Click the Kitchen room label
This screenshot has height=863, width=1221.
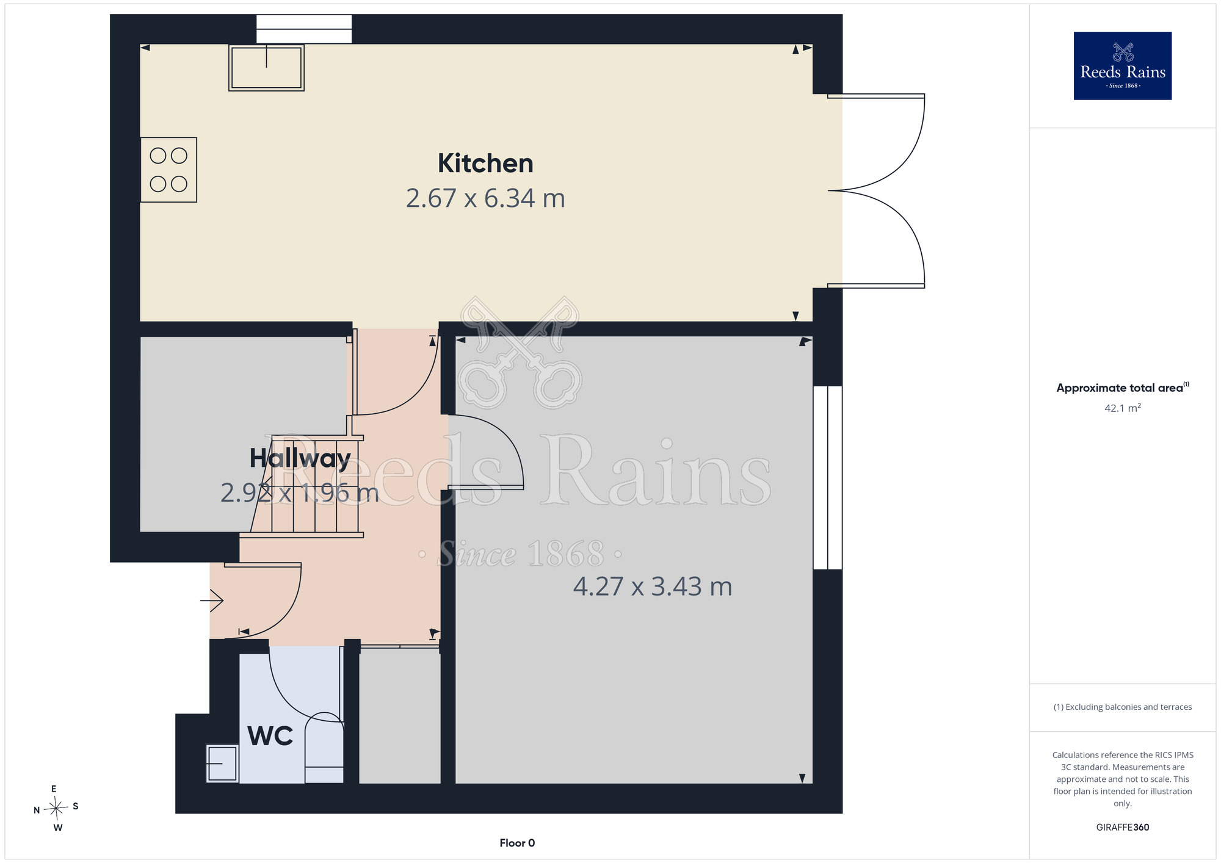click(x=485, y=164)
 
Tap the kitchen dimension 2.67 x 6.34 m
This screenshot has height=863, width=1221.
click(x=485, y=198)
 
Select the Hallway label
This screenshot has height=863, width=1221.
click(x=300, y=458)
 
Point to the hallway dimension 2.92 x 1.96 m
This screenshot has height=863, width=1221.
click(x=300, y=493)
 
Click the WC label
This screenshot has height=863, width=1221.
click(x=270, y=736)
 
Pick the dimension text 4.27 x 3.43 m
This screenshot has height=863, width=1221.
click(x=653, y=587)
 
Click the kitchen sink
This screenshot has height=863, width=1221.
click(x=266, y=68)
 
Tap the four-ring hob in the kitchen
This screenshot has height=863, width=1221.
click(x=168, y=170)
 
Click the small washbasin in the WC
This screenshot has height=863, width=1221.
click(x=222, y=764)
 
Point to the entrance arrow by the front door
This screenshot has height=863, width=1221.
click(x=212, y=601)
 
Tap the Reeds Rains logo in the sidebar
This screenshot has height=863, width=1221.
click(x=1123, y=66)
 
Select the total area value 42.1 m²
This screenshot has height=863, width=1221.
click(x=1123, y=408)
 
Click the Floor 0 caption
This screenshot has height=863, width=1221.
click(x=517, y=843)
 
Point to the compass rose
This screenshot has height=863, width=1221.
click(x=56, y=809)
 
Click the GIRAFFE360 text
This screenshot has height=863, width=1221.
click(x=1123, y=828)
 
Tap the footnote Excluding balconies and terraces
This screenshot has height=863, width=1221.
click(x=1123, y=707)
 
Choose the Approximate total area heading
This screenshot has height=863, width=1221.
click(x=1123, y=388)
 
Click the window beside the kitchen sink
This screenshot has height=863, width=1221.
click(x=304, y=29)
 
